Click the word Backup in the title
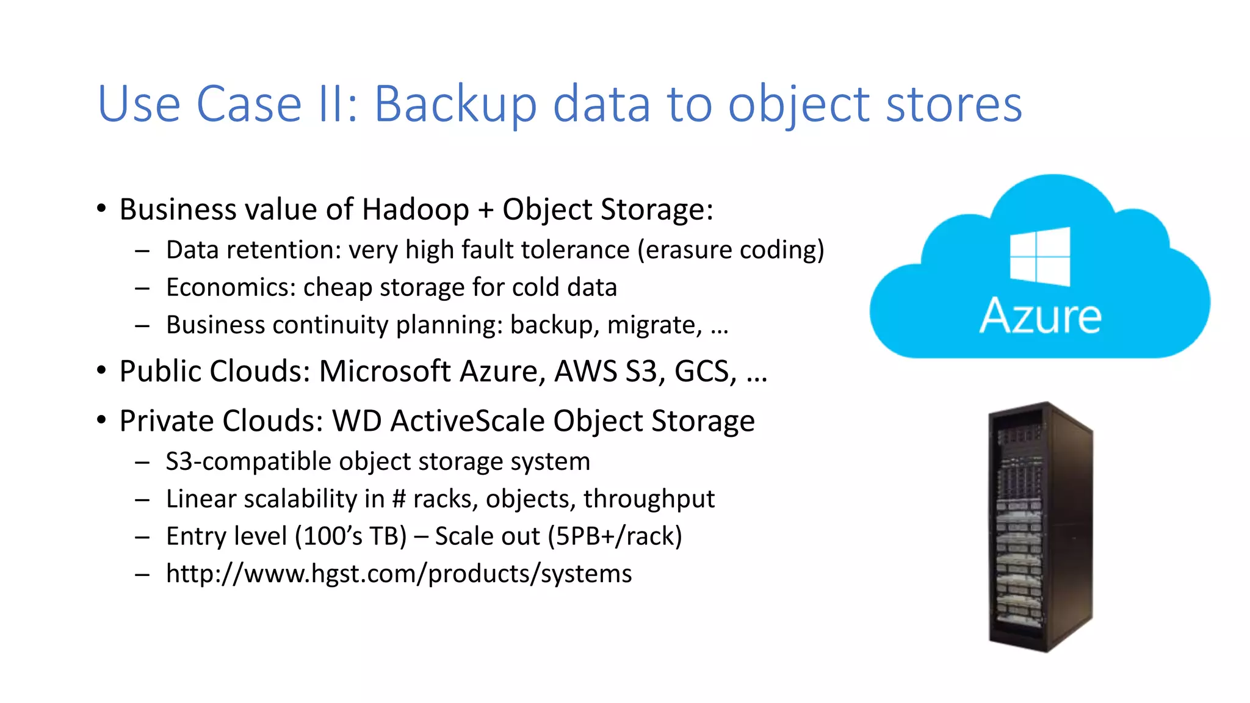click(x=455, y=105)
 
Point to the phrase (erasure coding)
click(x=731, y=251)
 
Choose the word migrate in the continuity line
click(x=654, y=325)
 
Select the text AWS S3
click(x=605, y=372)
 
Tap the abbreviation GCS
click(x=705, y=372)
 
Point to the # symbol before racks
click(x=399, y=499)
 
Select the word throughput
click(x=649, y=500)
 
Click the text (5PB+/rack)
click(x=615, y=537)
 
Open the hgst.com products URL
click(x=399, y=574)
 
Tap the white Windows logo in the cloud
click(x=1039, y=256)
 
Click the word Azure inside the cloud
click(x=1040, y=316)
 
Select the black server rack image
click(x=1039, y=527)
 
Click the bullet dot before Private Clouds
click(x=102, y=420)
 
